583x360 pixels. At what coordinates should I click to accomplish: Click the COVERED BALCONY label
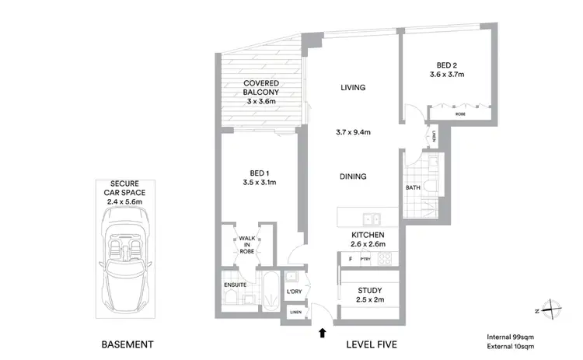[x=260, y=91]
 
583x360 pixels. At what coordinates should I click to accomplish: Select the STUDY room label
[x=369, y=291]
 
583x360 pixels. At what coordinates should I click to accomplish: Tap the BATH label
[x=413, y=187]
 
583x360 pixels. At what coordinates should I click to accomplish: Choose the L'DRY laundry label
[x=294, y=292]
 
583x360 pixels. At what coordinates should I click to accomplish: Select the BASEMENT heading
[x=128, y=344]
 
